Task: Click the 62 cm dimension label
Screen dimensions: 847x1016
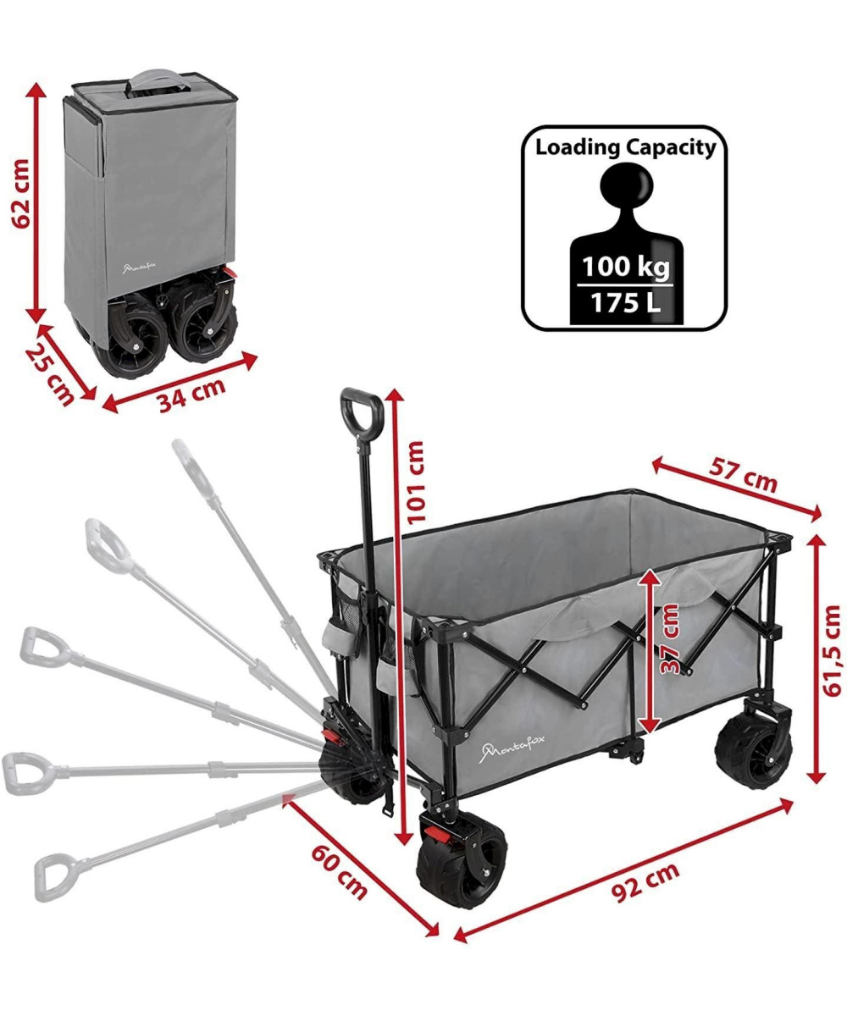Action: tap(21, 193)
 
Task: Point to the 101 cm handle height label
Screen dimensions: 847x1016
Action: tap(415, 483)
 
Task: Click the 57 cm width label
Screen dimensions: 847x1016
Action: tap(742, 475)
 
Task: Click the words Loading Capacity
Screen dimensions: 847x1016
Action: tap(626, 147)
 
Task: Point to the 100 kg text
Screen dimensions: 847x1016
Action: tap(626, 267)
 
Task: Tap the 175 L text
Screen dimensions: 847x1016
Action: tap(626, 302)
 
